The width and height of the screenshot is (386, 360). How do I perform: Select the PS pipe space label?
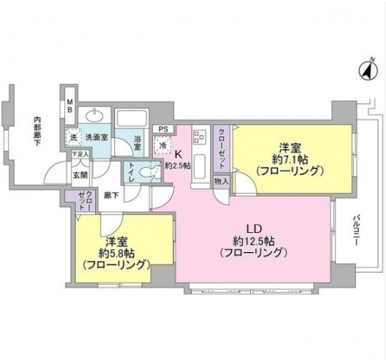pos(164,129)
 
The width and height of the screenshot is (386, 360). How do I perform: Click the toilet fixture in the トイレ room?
pos(148,172)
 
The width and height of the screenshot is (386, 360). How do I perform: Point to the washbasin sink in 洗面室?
pos(94,116)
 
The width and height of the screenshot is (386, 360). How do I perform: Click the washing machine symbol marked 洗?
pos(72,136)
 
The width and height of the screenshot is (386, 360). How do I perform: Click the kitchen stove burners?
pos(199,134)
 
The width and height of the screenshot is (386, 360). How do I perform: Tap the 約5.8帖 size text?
pos(114,252)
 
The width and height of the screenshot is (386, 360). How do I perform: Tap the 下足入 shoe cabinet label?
pos(79,154)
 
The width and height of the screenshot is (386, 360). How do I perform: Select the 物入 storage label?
pos(221,181)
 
